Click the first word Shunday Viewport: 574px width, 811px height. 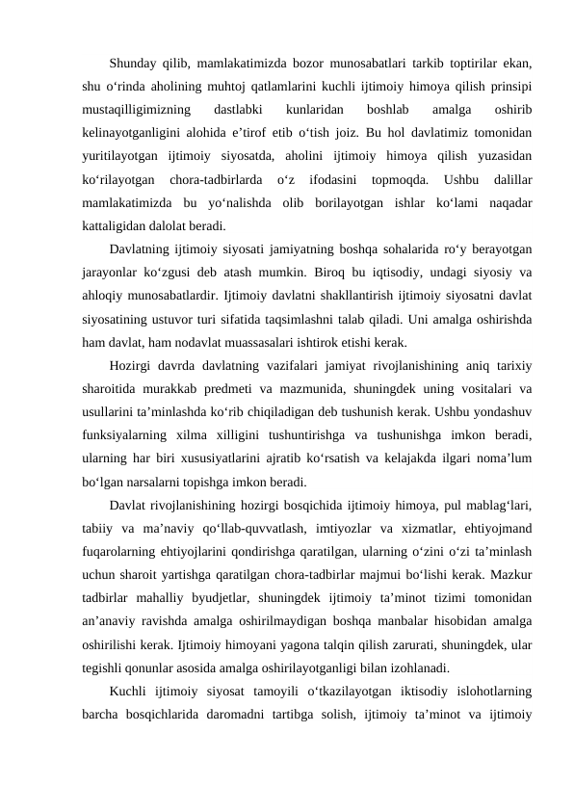tap(135, 65)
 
